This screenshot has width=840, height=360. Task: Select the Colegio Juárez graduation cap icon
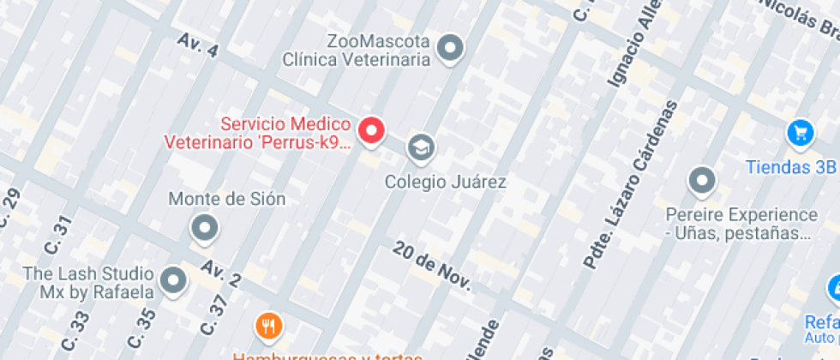pyautogui.click(x=420, y=147)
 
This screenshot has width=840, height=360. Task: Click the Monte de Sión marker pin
pyautogui.click(x=204, y=227)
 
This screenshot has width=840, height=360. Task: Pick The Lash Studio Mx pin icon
pyautogui.click(x=174, y=279)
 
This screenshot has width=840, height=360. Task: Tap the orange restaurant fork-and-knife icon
pyautogui.click(x=269, y=326)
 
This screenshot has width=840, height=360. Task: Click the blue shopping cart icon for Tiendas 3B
pyautogui.click(x=801, y=132)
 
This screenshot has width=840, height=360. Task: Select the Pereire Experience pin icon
pyautogui.click(x=702, y=181)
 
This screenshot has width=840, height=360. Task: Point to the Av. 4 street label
pyautogui.click(x=198, y=45)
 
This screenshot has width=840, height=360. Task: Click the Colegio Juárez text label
pyautogui.click(x=445, y=182)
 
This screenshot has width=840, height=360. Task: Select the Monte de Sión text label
pyautogui.click(x=226, y=199)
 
